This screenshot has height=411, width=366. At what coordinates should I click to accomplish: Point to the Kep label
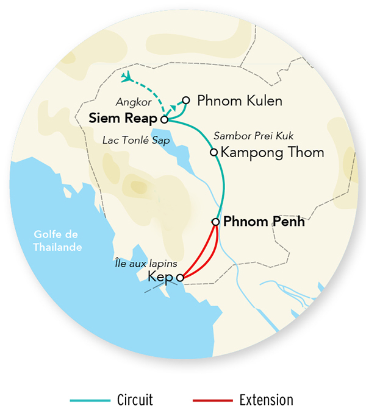point(161,277)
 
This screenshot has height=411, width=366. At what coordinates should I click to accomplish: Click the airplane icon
point(127,77)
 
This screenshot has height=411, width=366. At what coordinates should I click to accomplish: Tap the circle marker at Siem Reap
point(164,120)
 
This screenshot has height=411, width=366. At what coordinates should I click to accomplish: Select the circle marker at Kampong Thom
point(213,152)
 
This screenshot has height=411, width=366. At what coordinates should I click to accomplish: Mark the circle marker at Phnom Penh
point(215,222)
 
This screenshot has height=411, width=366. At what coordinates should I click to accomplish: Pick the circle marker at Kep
point(180,278)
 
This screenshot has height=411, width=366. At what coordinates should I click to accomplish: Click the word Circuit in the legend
point(134,400)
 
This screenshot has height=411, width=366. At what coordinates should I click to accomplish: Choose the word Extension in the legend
point(267,400)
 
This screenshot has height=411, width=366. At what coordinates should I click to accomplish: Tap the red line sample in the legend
point(212,401)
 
